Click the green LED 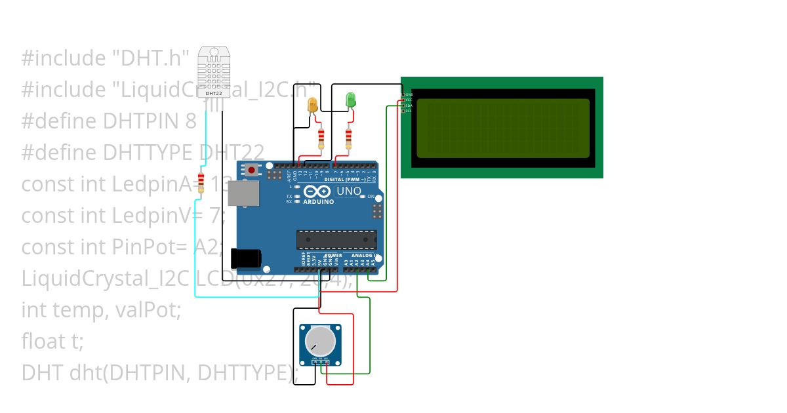[x=351, y=100]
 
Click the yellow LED [x=312, y=105]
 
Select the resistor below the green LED [x=348, y=138]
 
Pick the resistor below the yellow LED [x=321, y=138]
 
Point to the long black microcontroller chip [x=336, y=240]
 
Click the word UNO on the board [x=348, y=191]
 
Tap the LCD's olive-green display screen [x=502, y=128]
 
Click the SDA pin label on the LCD [x=409, y=106]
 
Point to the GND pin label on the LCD [x=409, y=94]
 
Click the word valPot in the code [x=148, y=310]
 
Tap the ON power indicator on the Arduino [x=371, y=197]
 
